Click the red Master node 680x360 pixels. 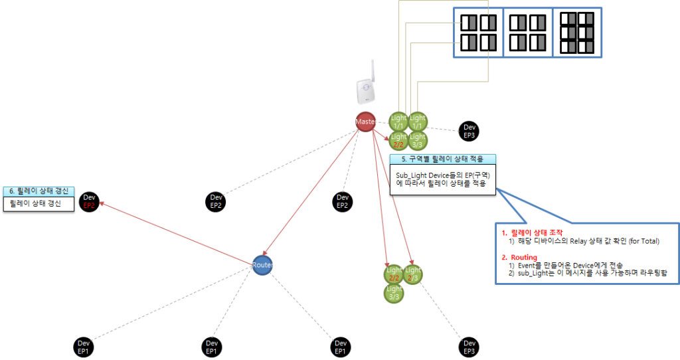pos(365,122)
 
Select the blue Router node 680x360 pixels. pos(263,265)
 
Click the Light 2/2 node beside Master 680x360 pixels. pos(398,140)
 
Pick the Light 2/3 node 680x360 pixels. pos(413,274)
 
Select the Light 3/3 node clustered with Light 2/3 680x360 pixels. pos(394,293)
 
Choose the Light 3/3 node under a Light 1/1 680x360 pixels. pos(418,140)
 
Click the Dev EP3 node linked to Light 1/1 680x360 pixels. pos(469,131)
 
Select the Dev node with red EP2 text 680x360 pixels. pos(90,202)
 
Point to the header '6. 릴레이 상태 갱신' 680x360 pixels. pos(39,191)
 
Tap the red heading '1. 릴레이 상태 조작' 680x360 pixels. pos(533,232)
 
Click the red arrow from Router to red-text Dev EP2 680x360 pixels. pos(176,233)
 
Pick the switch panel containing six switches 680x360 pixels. pos(576,31)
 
